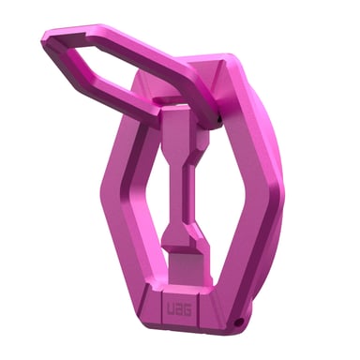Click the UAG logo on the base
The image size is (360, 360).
pyautogui.click(x=174, y=308)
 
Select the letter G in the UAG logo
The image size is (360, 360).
pyautogui.click(x=183, y=308)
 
